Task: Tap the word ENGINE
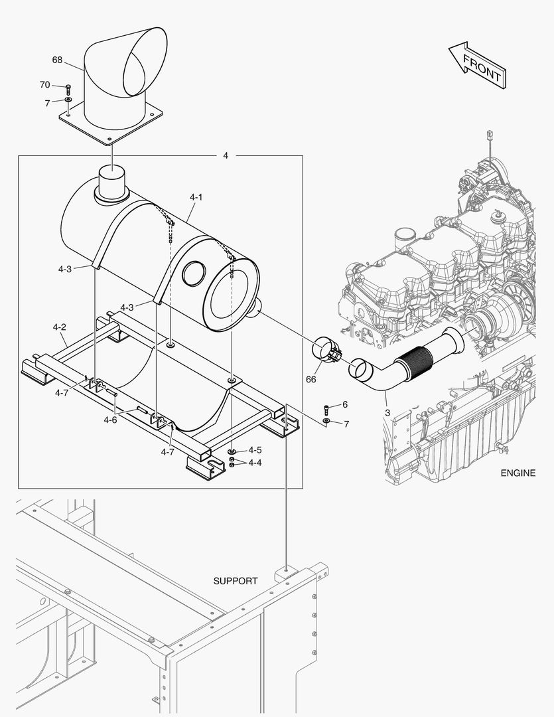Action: [518, 473]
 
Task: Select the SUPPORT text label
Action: [236, 581]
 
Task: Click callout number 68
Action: [58, 60]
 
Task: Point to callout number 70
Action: [44, 85]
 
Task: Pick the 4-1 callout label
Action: [196, 197]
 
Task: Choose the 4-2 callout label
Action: [59, 327]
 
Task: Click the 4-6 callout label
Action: [111, 420]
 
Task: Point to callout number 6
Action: [345, 404]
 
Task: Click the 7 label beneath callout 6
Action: [345, 423]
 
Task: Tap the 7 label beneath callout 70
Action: [47, 103]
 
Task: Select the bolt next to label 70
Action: [68, 88]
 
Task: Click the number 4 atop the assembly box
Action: [226, 155]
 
